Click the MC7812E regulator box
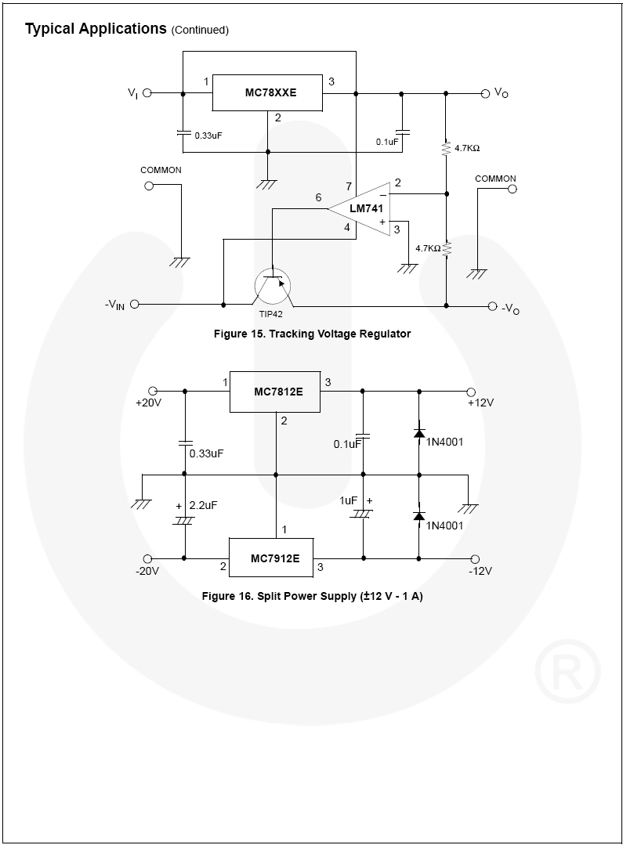coord(275,391)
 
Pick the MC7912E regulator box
coord(270,558)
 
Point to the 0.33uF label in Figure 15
coord(208,135)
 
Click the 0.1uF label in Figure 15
coord(386,142)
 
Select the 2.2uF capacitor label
coord(203,505)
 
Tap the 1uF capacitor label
coord(349,500)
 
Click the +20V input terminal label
coord(148,403)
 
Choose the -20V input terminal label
coord(147,571)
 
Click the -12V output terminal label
coord(480,571)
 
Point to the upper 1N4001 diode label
coord(444,442)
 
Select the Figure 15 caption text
coord(312,334)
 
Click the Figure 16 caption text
coord(312,596)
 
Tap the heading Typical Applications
coord(96,29)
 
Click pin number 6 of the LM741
coord(318,197)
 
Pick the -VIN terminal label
coord(115,305)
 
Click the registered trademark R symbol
coord(567,670)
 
